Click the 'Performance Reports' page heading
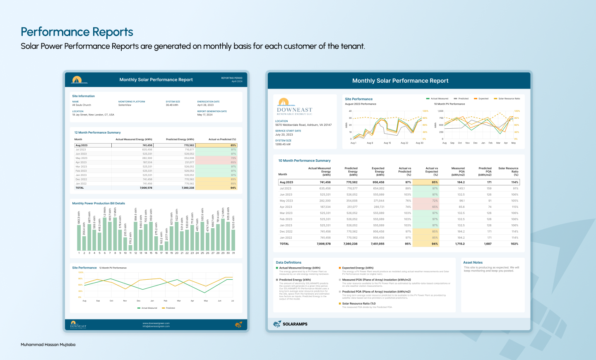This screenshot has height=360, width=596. tap(77, 32)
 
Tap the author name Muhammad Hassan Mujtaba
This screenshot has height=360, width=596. tap(48, 344)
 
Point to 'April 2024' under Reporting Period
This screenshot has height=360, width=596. tap(237, 82)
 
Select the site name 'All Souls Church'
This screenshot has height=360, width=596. tap(82, 105)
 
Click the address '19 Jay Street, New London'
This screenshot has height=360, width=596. tap(93, 115)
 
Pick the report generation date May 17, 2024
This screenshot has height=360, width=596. tap(205, 115)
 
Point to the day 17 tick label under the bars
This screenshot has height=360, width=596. tap(161, 253)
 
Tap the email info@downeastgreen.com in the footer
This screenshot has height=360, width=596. tap(156, 326)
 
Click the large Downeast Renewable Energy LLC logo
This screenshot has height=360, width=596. tap(294, 107)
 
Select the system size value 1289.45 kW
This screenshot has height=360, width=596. tap(283, 144)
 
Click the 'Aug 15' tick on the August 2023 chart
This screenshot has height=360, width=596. tap(387, 143)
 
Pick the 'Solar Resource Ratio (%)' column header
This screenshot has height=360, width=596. tap(508, 171)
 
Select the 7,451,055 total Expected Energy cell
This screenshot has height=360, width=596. tap(377, 244)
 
